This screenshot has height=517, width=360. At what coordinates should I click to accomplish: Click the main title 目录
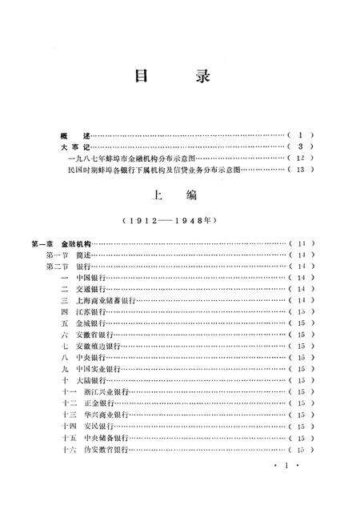173,78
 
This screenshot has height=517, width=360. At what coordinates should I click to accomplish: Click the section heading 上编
172,195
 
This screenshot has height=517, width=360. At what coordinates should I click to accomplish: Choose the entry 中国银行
90,277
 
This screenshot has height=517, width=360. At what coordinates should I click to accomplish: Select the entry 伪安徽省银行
100,451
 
